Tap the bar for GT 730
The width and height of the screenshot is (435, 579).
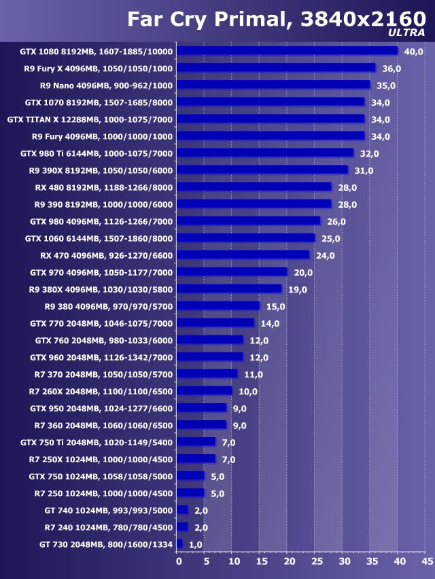coord(179,544)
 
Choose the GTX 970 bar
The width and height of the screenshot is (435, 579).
coord(232,272)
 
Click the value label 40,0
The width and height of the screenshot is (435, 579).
coord(413,52)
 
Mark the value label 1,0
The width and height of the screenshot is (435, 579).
coord(196,544)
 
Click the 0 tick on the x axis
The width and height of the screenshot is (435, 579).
coord(179,561)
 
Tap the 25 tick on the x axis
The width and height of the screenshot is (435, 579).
coord(317,561)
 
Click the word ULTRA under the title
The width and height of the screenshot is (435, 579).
coord(406,32)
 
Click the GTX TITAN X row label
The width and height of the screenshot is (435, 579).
coord(90,119)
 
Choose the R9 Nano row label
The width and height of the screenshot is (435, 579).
coord(107,86)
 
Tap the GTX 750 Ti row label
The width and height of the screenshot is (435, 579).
coord(97,443)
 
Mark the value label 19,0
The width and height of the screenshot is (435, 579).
coord(298,289)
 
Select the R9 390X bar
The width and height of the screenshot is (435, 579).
coord(262,170)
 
